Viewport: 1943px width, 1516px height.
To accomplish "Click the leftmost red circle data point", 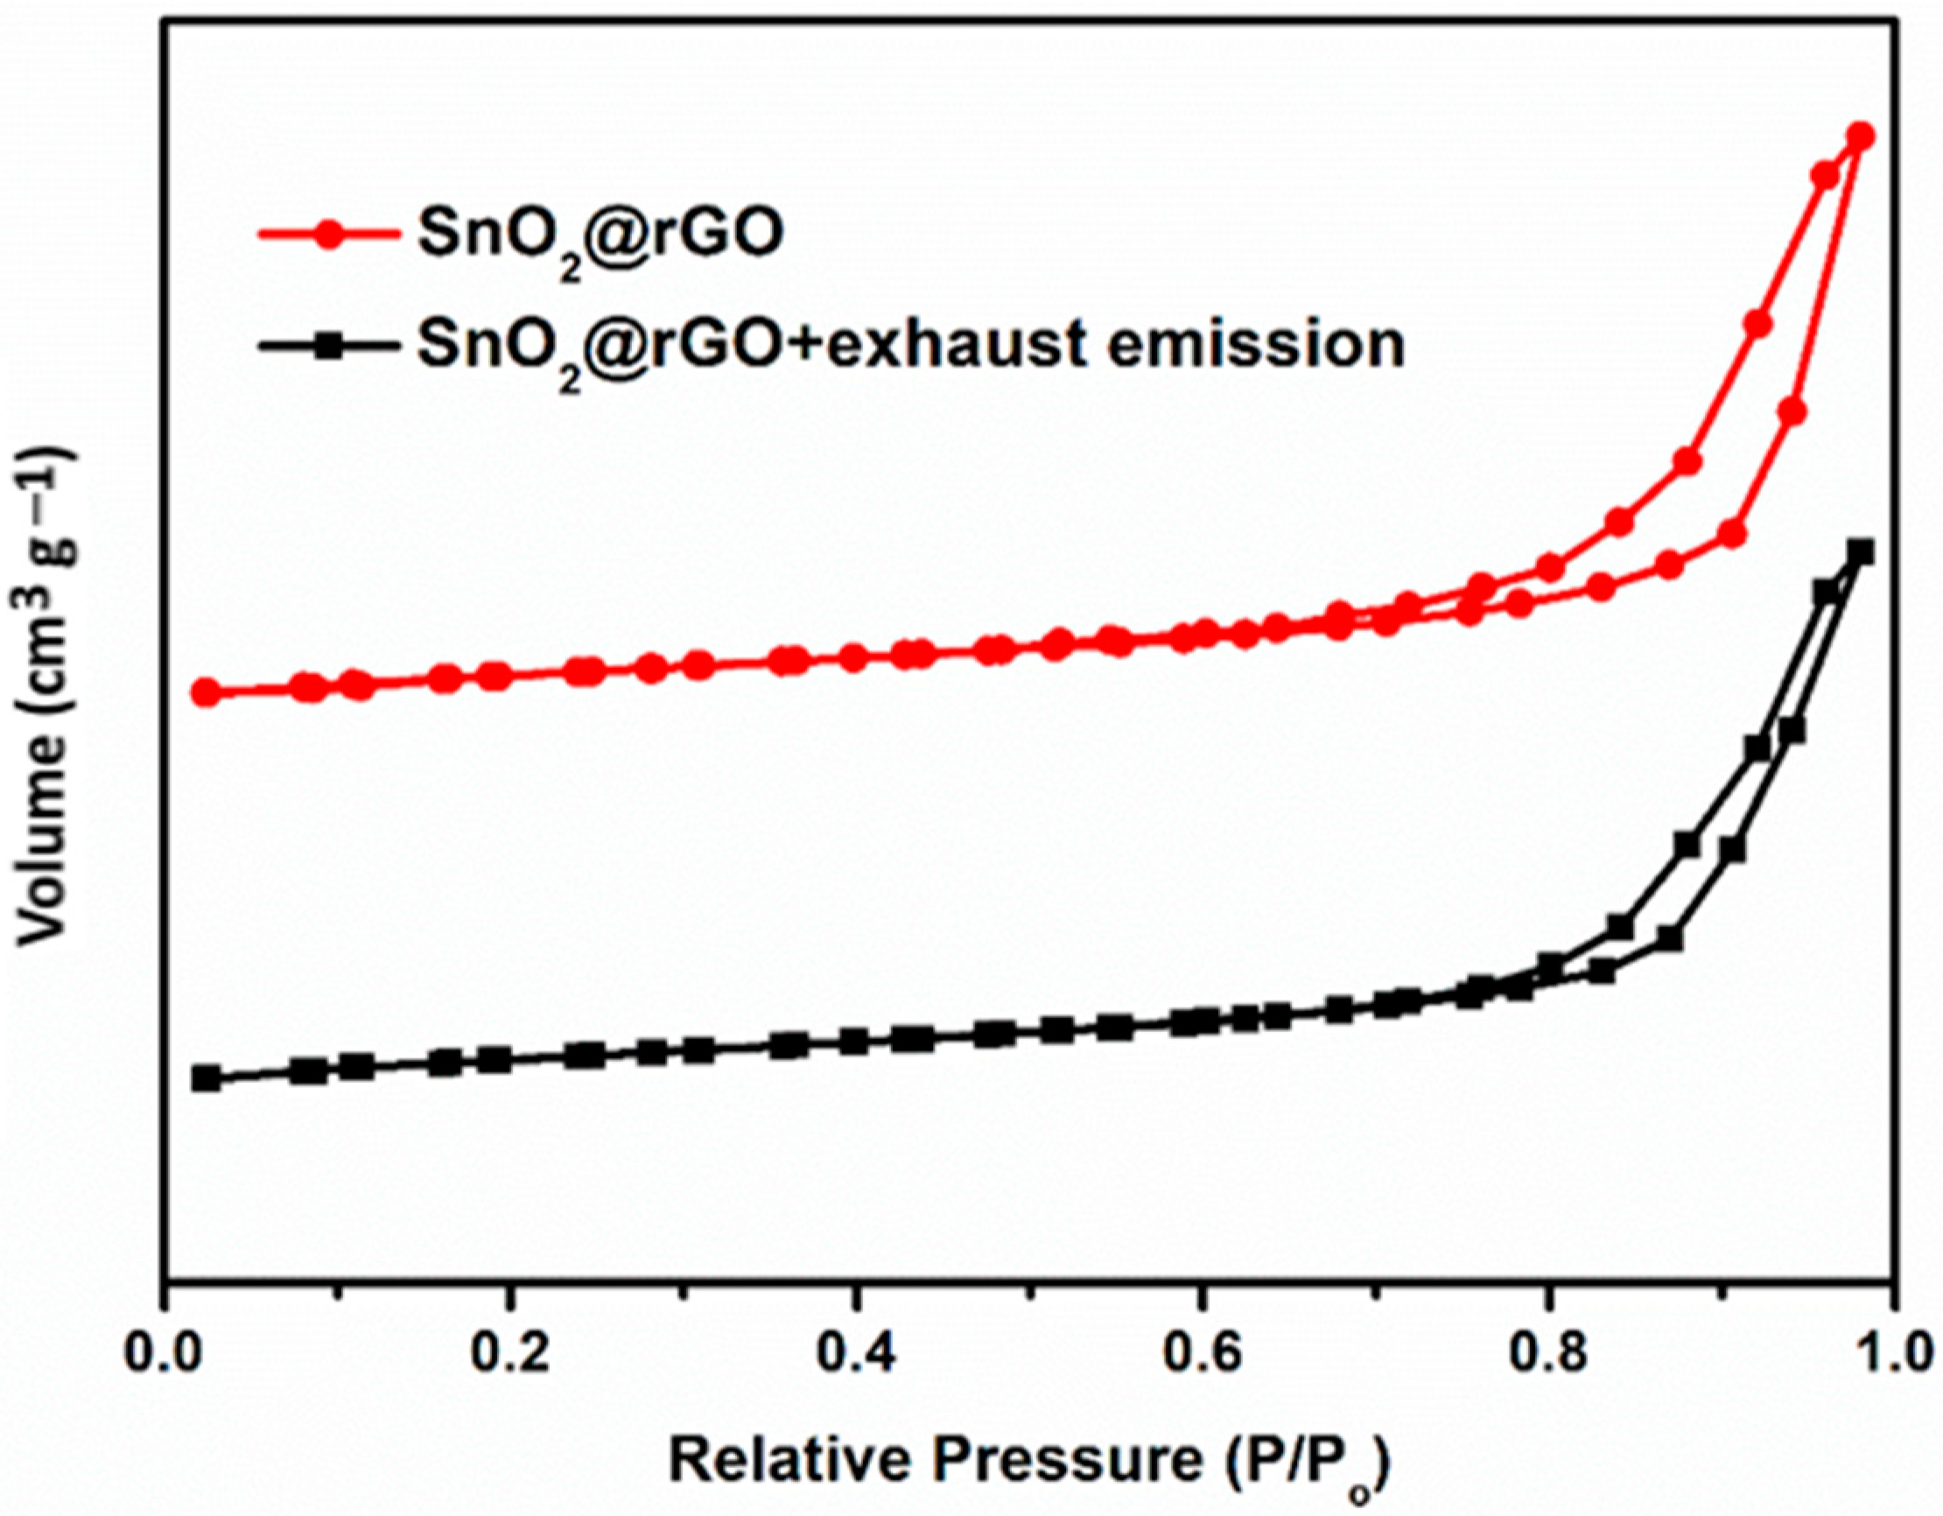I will (207, 692).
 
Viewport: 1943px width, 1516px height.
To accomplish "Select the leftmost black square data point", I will (207, 1079).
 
